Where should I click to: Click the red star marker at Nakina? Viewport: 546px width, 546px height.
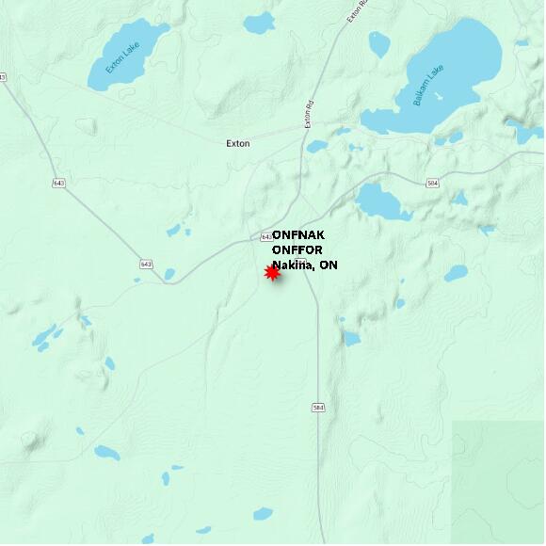[x=272, y=273]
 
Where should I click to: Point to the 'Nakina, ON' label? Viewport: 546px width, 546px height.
[x=305, y=265]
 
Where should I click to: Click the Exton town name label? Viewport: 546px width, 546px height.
[x=238, y=144]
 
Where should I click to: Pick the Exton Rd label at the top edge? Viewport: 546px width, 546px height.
[x=353, y=11]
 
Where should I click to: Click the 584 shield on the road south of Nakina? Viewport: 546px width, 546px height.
[x=318, y=408]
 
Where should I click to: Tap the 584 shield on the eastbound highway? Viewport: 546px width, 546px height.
[x=432, y=183]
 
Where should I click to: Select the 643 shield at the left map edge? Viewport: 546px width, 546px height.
[x=3, y=76]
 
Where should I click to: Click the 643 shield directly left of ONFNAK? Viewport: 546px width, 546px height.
[x=265, y=235]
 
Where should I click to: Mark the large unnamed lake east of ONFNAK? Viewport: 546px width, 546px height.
[x=382, y=201]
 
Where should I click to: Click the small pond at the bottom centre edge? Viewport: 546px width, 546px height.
[x=263, y=514]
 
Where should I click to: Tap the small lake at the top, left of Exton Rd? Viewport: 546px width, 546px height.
[x=258, y=23]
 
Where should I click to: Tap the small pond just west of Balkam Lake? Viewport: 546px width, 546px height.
[x=379, y=43]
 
